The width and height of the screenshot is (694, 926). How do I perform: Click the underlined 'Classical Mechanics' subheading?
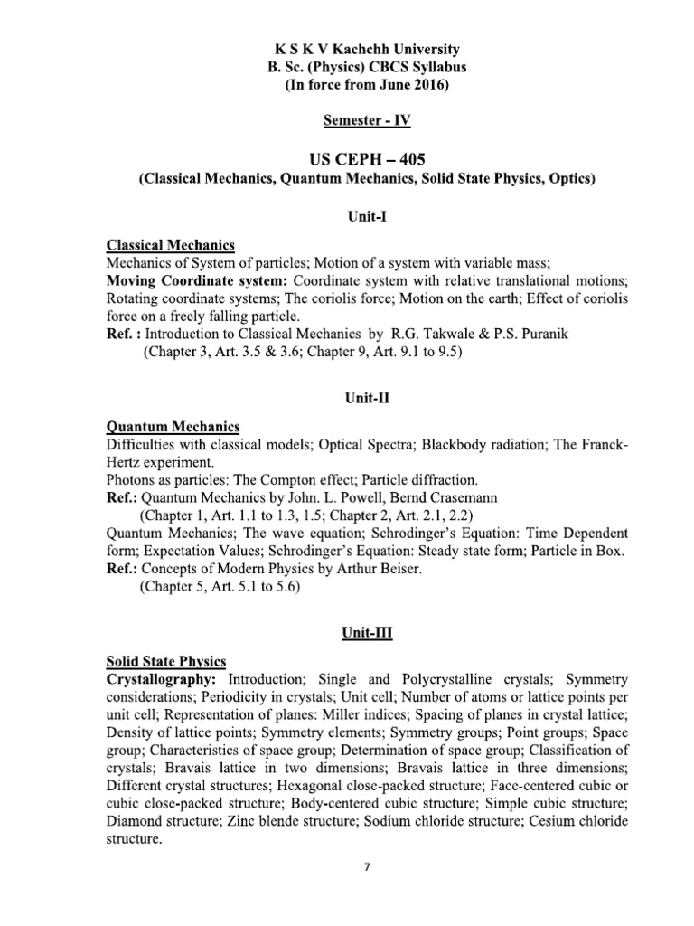click(x=171, y=245)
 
